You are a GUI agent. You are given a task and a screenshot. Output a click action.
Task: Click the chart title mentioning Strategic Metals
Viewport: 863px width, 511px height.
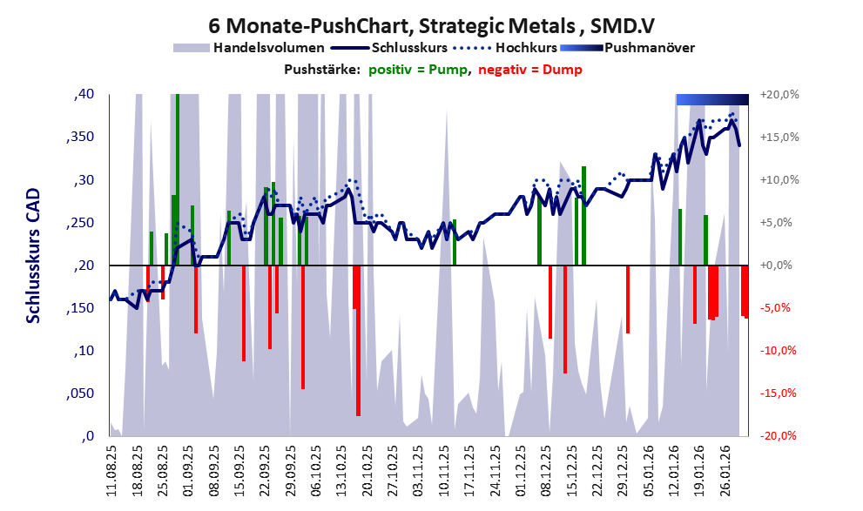[x=432, y=21]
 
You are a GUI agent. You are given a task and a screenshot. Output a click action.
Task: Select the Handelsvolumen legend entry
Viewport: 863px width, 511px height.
[x=268, y=47]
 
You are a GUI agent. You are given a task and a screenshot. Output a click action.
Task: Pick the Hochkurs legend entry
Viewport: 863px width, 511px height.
[x=520, y=47]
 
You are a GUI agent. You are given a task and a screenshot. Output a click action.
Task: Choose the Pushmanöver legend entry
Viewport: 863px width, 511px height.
[x=648, y=47]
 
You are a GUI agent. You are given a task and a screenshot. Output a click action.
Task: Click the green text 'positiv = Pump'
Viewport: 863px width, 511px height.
[x=418, y=70]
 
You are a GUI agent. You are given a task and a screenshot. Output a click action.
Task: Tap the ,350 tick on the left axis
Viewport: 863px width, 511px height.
[x=84, y=138]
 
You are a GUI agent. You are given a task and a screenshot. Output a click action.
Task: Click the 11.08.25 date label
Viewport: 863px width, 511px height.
[x=112, y=470]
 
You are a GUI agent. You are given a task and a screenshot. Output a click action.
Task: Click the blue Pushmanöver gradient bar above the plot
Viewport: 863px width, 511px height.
[x=711, y=99]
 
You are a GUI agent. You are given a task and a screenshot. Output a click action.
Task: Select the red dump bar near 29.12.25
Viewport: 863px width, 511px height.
[x=627, y=299]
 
